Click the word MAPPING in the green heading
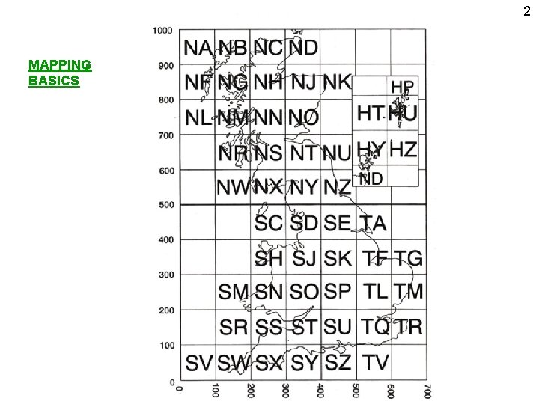[60, 65]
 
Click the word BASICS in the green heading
[54, 80]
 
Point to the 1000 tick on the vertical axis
[162, 31]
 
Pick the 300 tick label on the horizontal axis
[286, 392]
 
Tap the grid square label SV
[199, 363]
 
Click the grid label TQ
[376, 327]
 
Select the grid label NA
[198, 48]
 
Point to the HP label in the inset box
[402, 87]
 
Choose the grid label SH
[269, 258]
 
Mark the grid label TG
[409, 258]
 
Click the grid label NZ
[338, 187]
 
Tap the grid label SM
[234, 291]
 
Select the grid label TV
[376, 363]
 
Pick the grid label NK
[338, 82]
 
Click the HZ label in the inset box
[404, 149]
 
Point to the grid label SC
[269, 223]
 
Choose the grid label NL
[198, 117]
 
